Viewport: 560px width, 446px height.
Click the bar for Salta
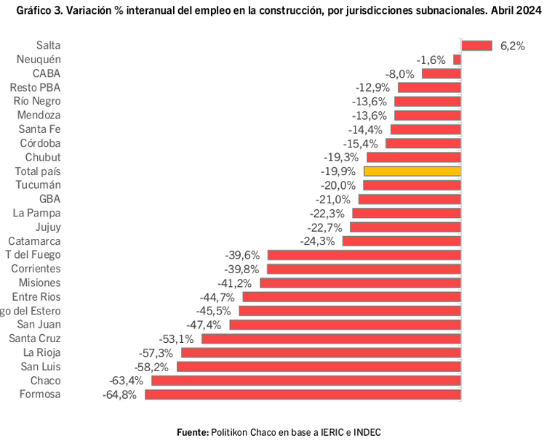coord(476,45)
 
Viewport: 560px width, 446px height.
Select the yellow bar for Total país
coord(412,171)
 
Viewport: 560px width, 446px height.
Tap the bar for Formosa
coord(303,394)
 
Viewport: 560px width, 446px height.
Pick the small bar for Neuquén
coord(457,60)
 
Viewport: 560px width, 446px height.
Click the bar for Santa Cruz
coord(331,338)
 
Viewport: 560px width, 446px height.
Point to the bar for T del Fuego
coord(364,255)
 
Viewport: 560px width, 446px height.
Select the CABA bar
coord(441,73)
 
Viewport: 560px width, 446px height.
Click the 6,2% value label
coord(512,46)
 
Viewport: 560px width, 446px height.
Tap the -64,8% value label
coord(119,395)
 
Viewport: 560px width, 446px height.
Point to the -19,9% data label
coord(338,172)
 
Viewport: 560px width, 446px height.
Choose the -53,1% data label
coord(176,339)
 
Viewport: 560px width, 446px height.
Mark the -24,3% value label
coord(318,241)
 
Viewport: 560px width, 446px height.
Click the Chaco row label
coord(45,381)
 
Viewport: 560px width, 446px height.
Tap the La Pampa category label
coord(37,213)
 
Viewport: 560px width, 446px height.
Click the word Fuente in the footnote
coord(193,432)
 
